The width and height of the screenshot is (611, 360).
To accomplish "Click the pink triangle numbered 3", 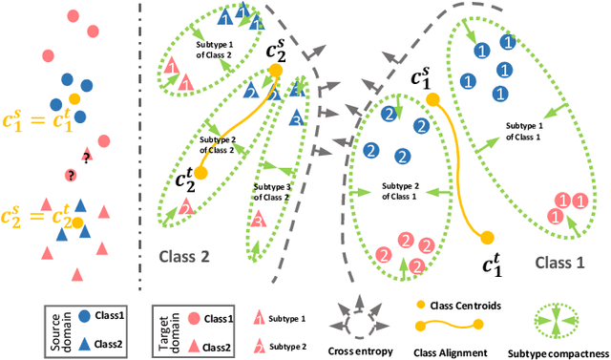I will pos(257,222).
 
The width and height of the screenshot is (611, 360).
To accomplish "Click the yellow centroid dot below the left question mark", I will pos(77,222).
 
